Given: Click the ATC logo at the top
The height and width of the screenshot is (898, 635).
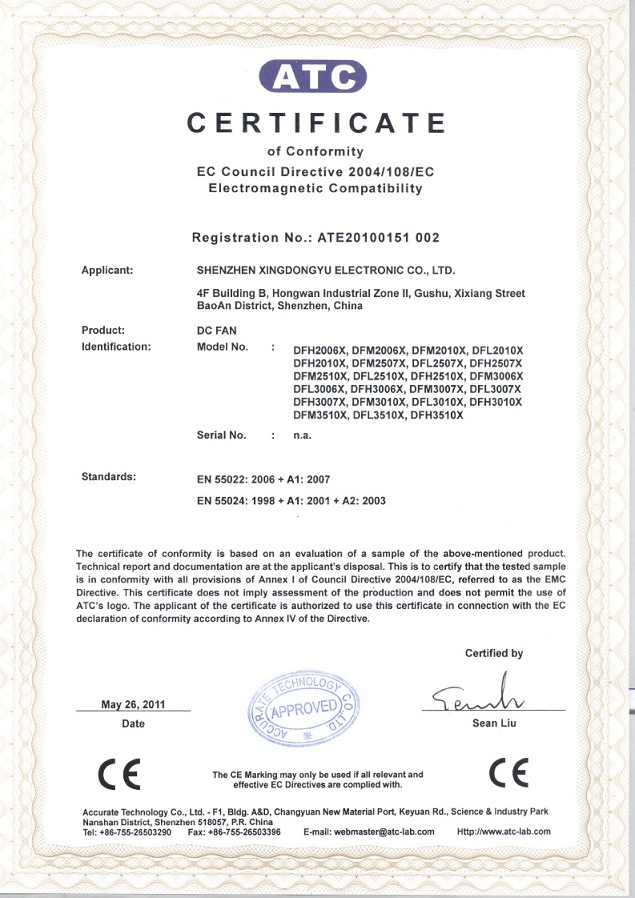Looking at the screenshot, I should coord(313,76).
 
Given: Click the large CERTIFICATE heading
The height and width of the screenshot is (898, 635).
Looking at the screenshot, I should coord(317,123).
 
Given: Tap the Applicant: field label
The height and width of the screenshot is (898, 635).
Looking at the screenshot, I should coord(107,270).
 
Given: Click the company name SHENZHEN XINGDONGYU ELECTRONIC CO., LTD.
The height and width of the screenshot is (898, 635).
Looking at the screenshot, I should coord(327,270).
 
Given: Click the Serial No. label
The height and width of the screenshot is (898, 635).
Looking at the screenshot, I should coord(222,435).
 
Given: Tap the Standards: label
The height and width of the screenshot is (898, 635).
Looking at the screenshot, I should coord(108,477).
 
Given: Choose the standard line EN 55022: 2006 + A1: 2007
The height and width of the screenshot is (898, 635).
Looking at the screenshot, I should coord(264,480).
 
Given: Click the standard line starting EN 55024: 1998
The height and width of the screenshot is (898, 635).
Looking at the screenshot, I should coord(292,501).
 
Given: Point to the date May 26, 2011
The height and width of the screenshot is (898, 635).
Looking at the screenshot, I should coord(133,704).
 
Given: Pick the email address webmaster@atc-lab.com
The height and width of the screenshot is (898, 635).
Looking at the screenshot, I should coord(370,831).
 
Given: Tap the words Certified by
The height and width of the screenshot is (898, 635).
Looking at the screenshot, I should coord(493,653).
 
